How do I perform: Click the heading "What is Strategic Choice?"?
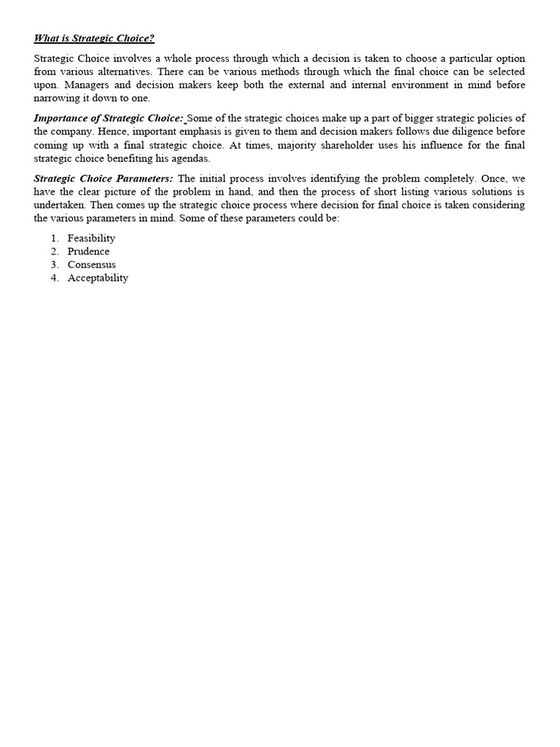point(94,39)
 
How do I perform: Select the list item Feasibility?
point(91,239)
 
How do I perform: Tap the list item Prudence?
point(88,252)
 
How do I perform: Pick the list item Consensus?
point(91,265)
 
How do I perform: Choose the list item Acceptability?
point(98,278)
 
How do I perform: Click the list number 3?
point(54,265)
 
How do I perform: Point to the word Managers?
point(87,85)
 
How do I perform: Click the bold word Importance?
point(63,118)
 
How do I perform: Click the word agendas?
point(190,158)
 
